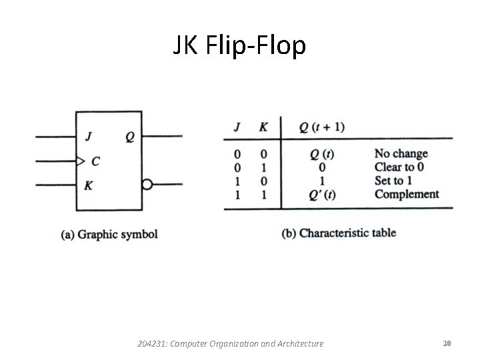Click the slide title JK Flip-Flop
(239, 46)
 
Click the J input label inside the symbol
(89, 137)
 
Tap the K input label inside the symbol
(89, 185)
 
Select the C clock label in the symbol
(96, 161)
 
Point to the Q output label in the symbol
(129, 137)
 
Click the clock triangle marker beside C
(80, 161)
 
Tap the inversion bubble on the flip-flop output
(147, 185)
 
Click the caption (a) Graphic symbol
(109, 234)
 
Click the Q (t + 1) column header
(321, 127)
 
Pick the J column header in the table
(237, 127)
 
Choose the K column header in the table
(263, 127)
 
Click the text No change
(401, 154)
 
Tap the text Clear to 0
(399, 167)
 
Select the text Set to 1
(393, 181)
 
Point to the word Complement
(407, 194)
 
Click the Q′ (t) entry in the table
(322, 195)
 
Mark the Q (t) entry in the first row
(322, 155)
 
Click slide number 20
(447, 343)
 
